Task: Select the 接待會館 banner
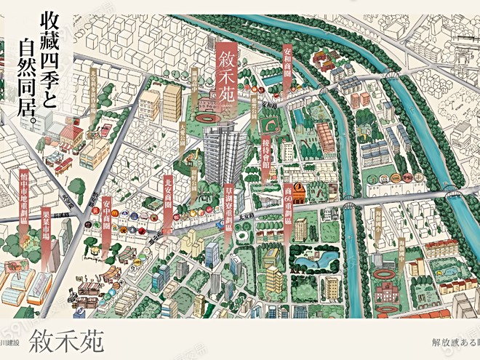(x=265, y=156)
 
